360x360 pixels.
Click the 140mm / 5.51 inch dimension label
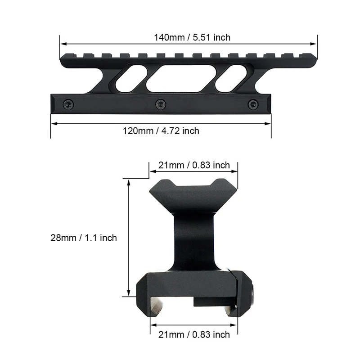point(192,37)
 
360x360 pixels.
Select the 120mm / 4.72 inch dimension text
point(161,131)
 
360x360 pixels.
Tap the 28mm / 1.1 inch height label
point(84,238)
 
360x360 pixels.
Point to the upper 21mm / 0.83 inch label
point(194,165)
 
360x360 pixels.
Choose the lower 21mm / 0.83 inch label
point(194,335)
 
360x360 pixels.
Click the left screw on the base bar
point(68,104)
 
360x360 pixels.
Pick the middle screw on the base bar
point(161,104)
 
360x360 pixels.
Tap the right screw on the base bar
point(253,104)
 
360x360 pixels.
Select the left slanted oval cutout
point(130,78)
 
